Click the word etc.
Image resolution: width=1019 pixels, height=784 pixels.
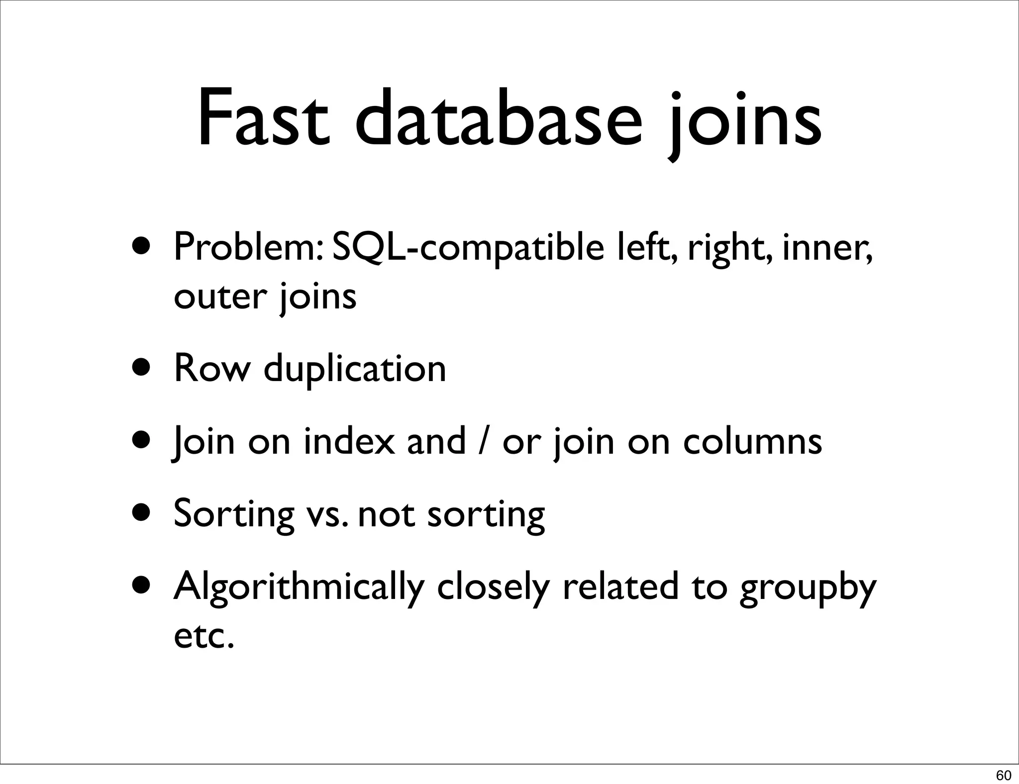coord(204,637)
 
